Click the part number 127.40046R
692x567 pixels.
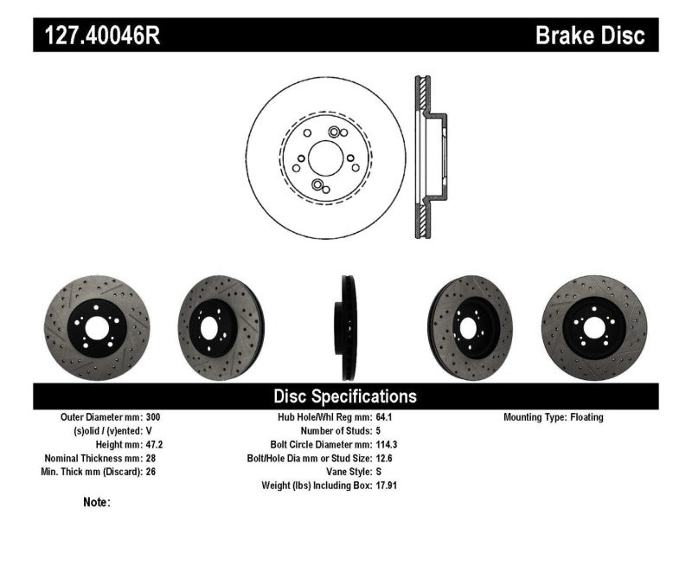click(x=97, y=35)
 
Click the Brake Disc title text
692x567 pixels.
click(x=590, y=35)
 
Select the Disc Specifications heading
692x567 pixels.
click(x=345, y=396)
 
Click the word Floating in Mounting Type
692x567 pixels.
click(x=586, y=417)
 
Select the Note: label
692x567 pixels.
click(x=97, y=502)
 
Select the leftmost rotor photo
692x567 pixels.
click(x=96, y=327)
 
